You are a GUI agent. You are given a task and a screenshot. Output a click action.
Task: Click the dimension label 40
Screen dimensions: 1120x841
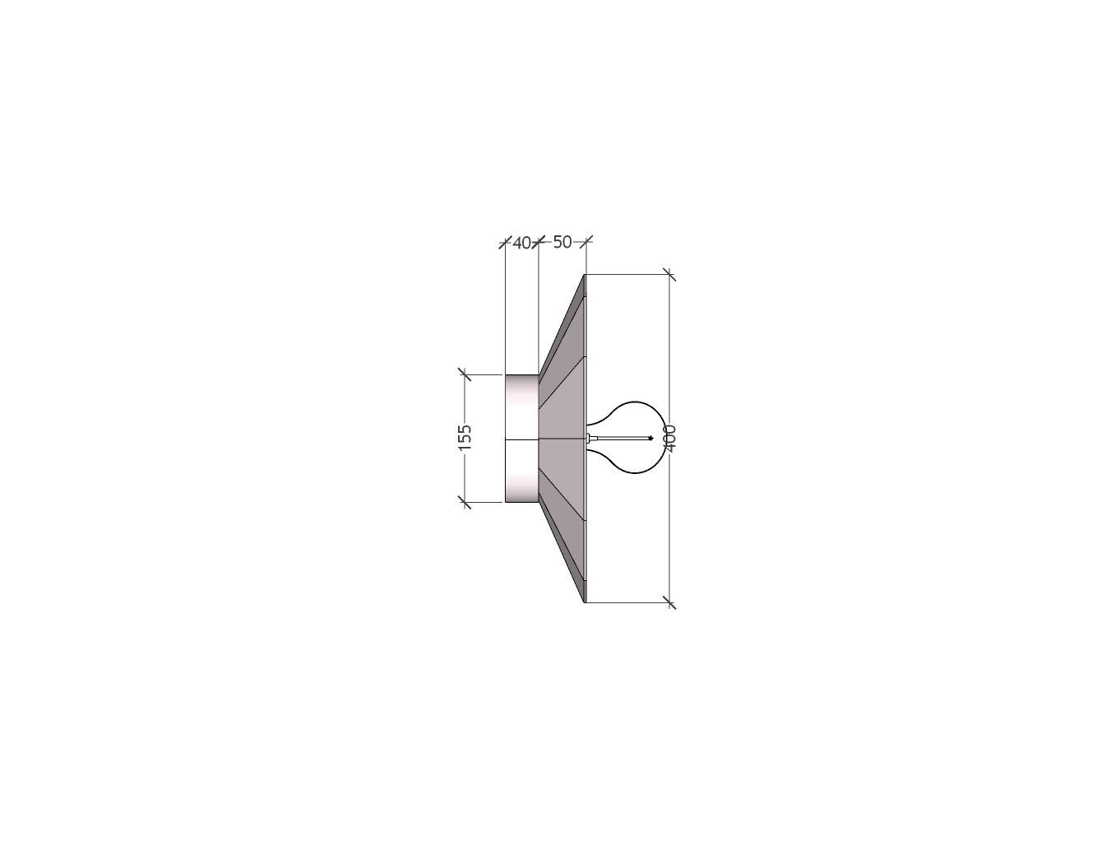click(521, 243)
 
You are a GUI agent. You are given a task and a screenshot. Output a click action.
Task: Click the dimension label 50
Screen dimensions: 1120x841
click(562, 242)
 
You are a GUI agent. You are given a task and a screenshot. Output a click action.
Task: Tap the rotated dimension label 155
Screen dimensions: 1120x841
click(465, 437)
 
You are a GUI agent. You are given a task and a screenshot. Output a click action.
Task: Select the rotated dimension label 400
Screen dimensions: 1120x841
click(670, 438)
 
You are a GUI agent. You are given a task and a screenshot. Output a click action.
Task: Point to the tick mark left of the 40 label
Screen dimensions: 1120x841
click(505, 242)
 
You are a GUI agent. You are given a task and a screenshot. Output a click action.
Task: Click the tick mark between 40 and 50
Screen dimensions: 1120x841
click(539, 242)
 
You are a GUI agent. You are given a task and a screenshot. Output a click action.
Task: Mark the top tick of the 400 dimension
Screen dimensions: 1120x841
click(669, 275)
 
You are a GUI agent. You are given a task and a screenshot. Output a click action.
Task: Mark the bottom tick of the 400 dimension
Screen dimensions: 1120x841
click(669, 602)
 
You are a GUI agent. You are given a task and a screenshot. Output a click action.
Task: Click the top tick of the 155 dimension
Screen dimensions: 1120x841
click(465, 374)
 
